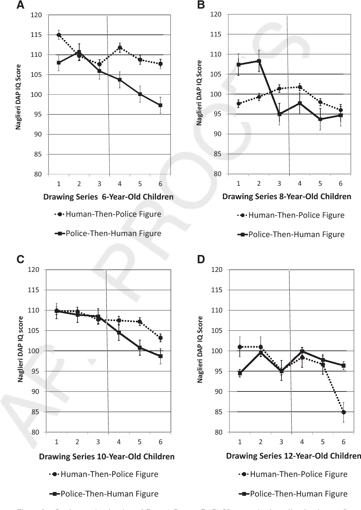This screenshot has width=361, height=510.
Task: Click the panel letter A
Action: coord(20,5)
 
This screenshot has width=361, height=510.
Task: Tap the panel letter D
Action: coord(201,259)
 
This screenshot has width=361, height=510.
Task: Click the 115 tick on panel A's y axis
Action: coord(36,35)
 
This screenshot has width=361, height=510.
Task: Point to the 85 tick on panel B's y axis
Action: coord(217,154)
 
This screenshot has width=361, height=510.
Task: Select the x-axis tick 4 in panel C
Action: coord(119,442)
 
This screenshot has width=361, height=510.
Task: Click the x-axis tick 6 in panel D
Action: coord(343,442)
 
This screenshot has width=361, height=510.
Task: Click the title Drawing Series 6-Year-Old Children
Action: coord(108,197)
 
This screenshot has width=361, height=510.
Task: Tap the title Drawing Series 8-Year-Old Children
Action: coord(287,197)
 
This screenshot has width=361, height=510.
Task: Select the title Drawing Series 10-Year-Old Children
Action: coord(107,457)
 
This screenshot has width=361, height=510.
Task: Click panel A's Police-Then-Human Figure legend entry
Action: coord(108,234)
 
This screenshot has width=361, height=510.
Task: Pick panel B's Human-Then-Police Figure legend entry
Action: coord(291,215)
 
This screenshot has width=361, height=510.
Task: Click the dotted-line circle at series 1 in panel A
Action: coord(59,35)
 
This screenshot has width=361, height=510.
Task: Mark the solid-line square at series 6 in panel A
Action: coord(161,105)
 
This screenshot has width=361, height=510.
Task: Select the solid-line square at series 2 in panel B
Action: coord(259,61)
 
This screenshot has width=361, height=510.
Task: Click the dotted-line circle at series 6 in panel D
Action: coord(343,412)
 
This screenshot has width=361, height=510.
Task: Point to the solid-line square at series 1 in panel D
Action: coord(240,373)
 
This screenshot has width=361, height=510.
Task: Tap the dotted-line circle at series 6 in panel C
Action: coord(161,338)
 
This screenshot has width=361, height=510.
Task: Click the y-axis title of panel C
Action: coord(21,349)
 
